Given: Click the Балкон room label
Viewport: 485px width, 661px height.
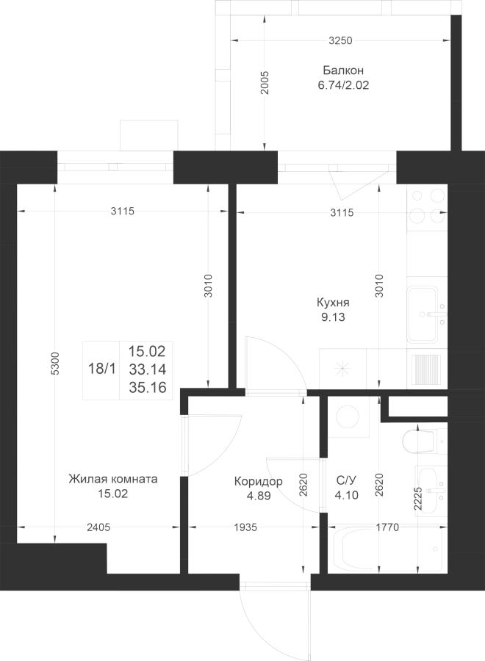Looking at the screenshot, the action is pos(343,70).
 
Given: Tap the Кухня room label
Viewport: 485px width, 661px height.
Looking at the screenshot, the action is pos(333,303).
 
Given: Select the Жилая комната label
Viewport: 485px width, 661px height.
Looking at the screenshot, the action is pos(113,479).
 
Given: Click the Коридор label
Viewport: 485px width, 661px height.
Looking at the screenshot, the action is pos(259,481).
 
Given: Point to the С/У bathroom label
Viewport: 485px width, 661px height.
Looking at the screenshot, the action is pos(347,480).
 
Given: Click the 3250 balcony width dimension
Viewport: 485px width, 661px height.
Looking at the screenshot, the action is pos(340,40).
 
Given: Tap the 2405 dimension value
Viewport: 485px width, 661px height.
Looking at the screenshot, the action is pos(98,527).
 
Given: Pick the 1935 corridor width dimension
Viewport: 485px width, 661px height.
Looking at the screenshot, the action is pos(245,527).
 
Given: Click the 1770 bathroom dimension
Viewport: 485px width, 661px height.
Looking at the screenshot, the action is pos(387,527).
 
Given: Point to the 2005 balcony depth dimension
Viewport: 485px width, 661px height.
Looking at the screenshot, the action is pos(265,82).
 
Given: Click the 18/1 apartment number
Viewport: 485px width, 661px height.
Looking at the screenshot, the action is pos(101,369).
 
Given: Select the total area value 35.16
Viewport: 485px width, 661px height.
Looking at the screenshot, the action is pos(148,387).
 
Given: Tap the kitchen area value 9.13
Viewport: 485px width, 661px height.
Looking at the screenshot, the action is pos(333,317).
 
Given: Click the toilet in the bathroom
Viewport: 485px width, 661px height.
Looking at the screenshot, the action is pos(424,441).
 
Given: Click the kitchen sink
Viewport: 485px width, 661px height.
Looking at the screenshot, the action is pos(422,314).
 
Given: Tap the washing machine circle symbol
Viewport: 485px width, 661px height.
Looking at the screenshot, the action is pos(348,417).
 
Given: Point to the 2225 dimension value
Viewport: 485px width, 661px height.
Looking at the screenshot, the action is pos(417,499).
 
